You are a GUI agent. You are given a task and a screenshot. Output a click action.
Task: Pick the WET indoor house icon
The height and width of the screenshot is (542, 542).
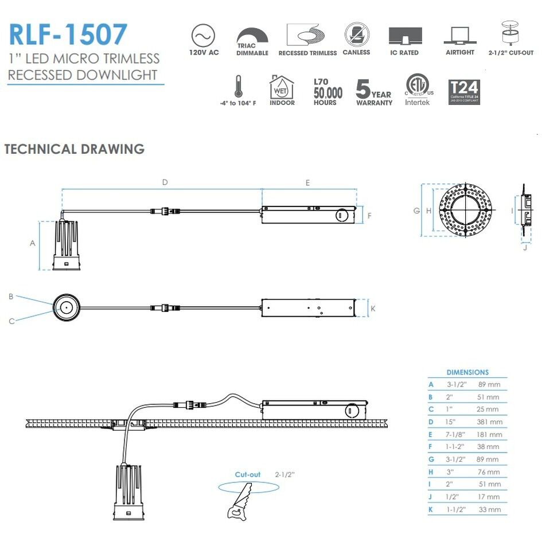(x=282, y=87)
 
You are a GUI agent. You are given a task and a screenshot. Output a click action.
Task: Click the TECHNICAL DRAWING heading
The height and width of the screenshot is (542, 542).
(x=74, y=149)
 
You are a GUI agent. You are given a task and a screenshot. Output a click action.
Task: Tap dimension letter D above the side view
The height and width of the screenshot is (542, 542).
(x=165, y=182)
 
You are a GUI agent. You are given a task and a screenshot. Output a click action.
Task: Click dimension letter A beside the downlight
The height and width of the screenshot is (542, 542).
(x=33, y=243)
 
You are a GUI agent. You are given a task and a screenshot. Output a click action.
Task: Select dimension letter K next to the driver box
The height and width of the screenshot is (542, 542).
(x=373, y=308)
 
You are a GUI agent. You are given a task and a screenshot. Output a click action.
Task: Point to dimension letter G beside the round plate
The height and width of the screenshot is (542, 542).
(x=416, y=210)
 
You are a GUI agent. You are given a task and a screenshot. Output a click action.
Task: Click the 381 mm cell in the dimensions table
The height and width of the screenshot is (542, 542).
(x=489, y=422)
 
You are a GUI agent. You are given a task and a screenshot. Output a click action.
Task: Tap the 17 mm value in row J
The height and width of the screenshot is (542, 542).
(x=489, y=497)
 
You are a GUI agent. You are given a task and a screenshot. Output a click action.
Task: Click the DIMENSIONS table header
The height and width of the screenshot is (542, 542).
(x=467, y=372)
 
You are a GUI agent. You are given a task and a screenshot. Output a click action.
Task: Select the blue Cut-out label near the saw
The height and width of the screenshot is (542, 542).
(x=248, y=474)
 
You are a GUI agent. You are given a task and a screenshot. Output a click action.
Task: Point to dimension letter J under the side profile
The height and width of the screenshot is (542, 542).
(x=525, y=248)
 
